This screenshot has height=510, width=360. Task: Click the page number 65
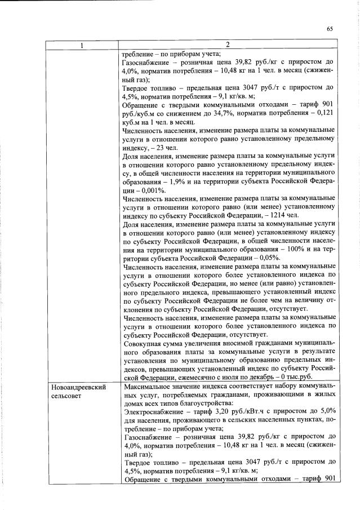click(330, 29)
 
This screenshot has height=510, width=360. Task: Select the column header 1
click(82, 45)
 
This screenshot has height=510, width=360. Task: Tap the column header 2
click(228, 45)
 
